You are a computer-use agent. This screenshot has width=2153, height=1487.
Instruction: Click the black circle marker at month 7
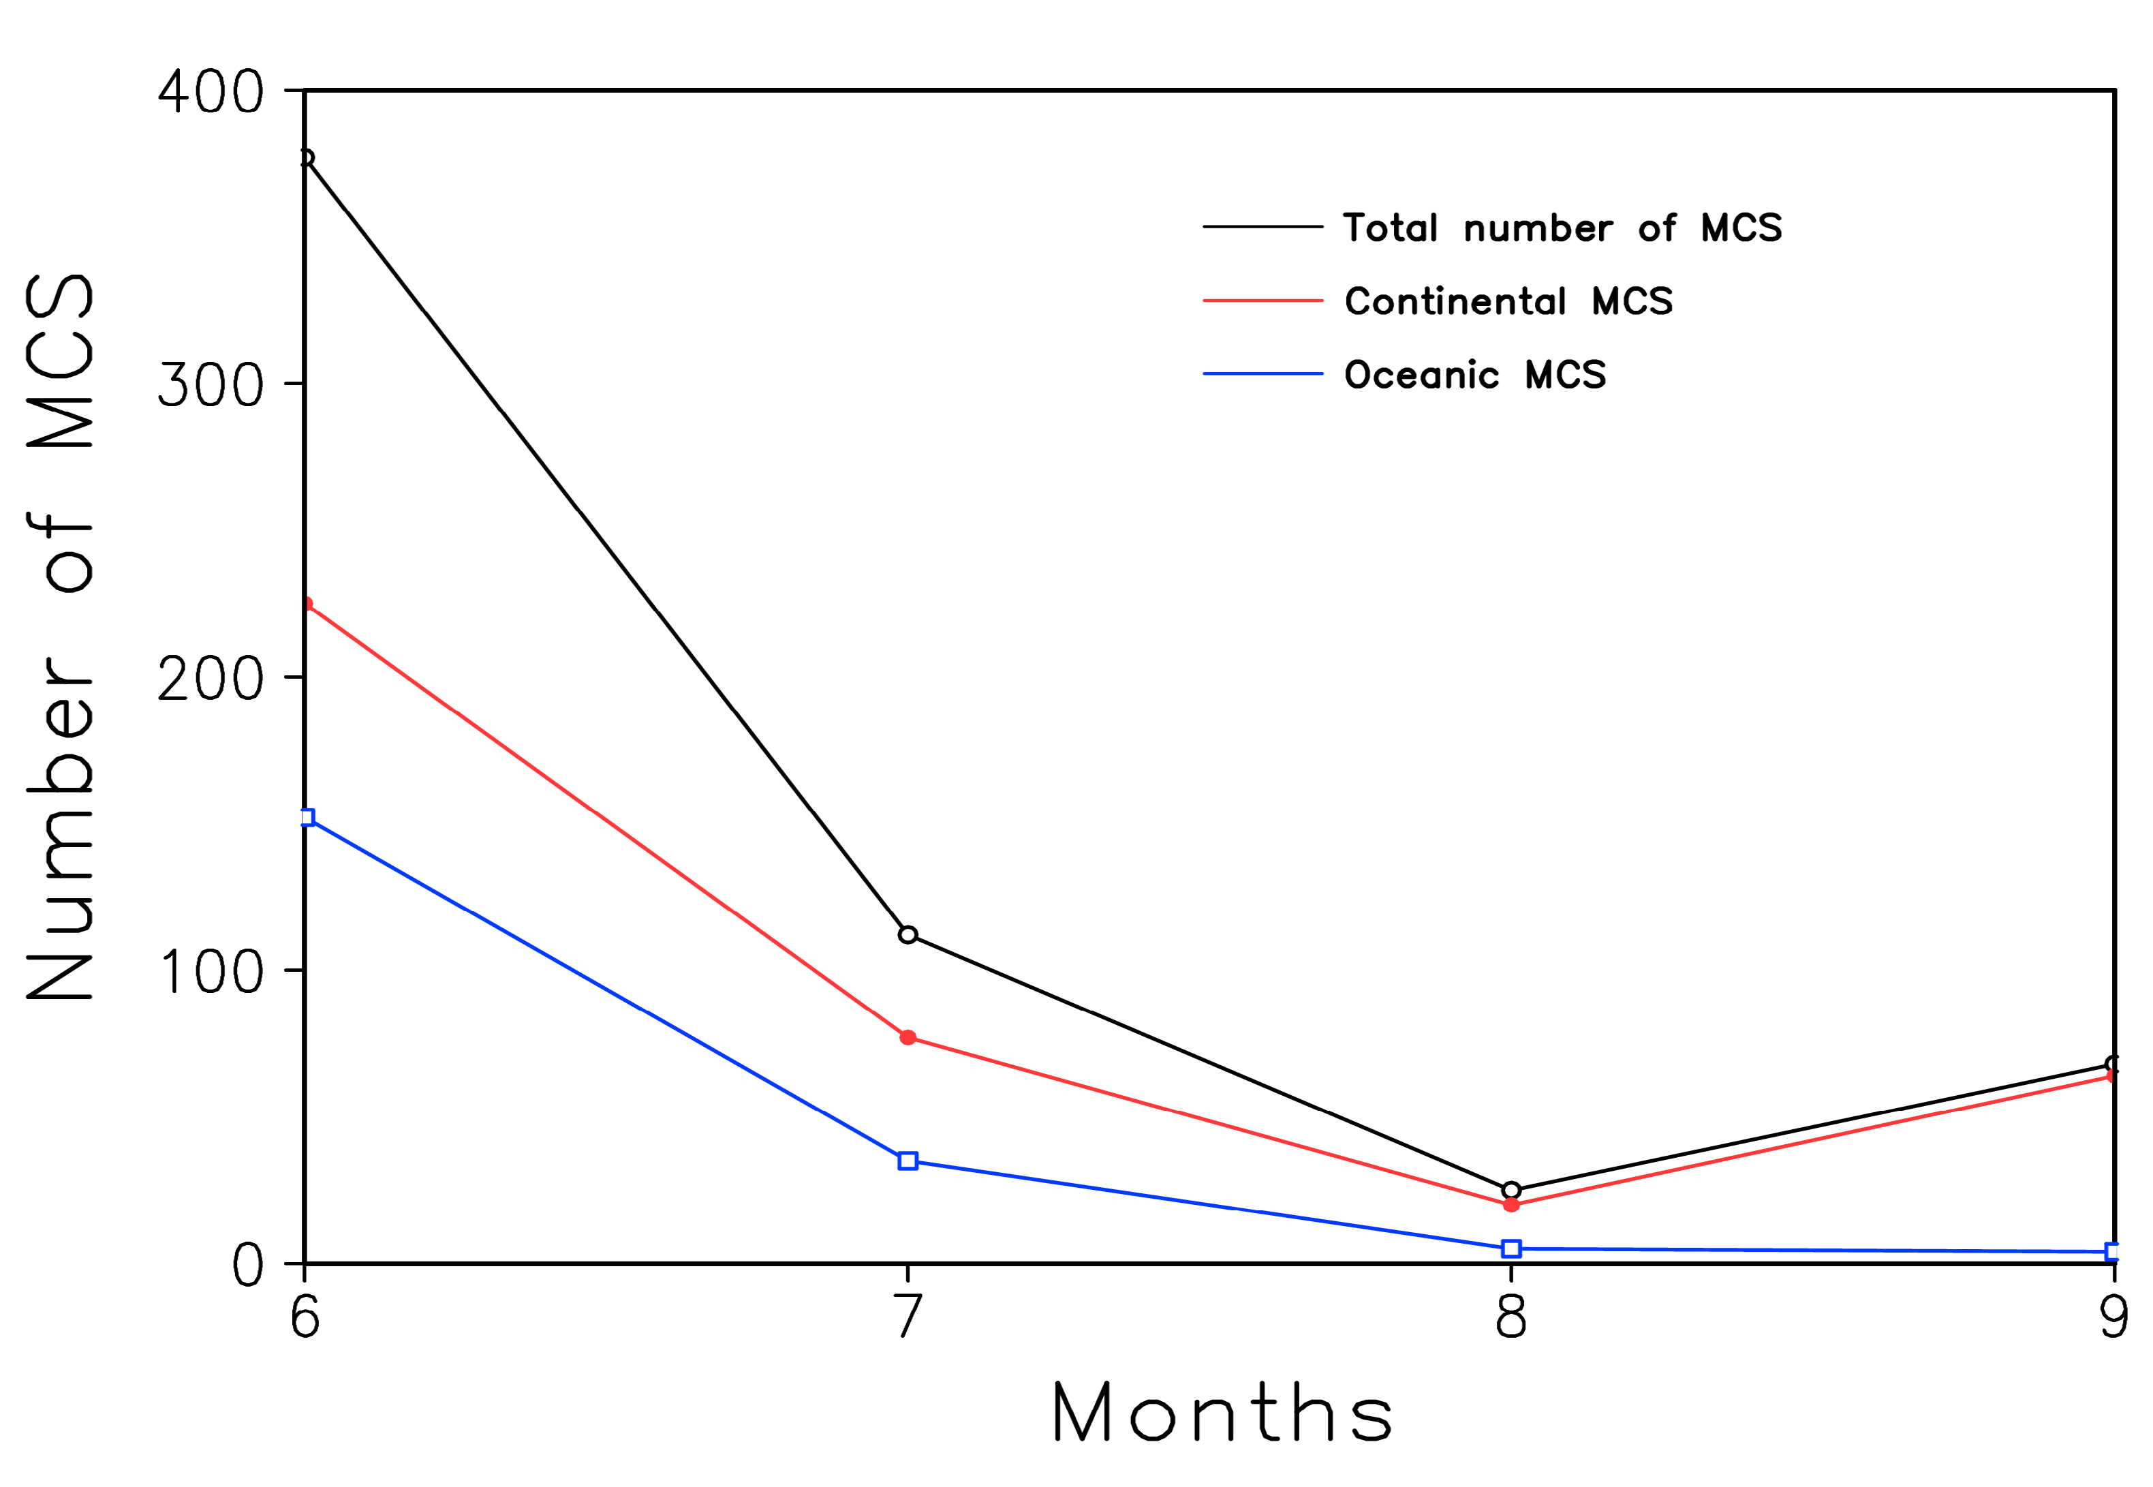(x=908, y=934)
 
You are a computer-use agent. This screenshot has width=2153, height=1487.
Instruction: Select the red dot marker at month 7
(x=908, y=1038)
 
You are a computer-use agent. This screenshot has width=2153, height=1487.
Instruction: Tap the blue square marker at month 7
(x=908, y=1161)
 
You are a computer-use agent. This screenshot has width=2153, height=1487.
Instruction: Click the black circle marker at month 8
(x=1511, y=1190)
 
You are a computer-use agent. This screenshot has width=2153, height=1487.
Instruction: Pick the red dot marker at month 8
(x=1511, y=1205)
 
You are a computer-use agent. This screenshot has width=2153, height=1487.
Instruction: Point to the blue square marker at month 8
(x=1511, y=1248)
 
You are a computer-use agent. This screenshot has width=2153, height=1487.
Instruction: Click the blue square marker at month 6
(x=307, y=817)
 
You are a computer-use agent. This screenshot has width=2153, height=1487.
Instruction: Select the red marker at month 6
(x=307, y=604)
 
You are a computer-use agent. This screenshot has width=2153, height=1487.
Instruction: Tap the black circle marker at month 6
(x=307, y=158)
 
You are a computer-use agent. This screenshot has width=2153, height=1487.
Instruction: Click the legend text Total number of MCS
(x=1562, y=228)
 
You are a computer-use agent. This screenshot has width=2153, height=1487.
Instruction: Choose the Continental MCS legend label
(x=1508, y=301)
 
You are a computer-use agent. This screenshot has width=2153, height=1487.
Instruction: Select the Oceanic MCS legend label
(x=1474, y=375)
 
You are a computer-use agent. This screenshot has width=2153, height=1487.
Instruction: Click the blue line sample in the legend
(x=1262, y=373)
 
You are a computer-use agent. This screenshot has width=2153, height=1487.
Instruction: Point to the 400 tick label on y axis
(x=211, y=92)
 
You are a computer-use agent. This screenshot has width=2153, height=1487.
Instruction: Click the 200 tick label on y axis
(x=211, y=679)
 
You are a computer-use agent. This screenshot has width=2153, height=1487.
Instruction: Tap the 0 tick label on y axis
(x=248, y=1266)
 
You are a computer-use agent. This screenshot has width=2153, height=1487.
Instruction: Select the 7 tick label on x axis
(x=908, y=1317)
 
